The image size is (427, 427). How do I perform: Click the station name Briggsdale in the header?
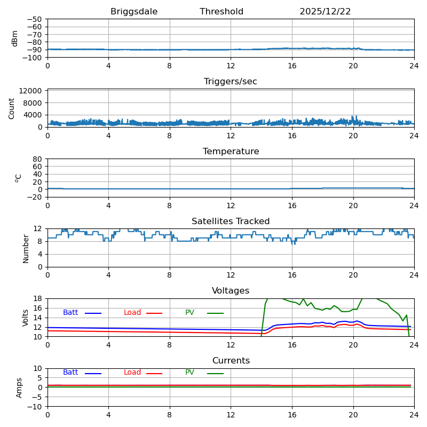(134, 12)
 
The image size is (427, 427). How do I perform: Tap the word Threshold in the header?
(222, 12)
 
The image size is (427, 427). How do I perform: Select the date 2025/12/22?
(325, 12)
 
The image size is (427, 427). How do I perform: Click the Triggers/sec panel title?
(231, 82)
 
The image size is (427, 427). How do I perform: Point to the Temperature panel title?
(231, 152)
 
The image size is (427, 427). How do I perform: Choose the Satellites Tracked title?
(231, 222)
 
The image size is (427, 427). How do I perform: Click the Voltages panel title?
(231, 291)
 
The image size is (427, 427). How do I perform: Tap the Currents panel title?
(231, 361)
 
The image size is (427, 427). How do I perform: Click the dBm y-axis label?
(15, 38)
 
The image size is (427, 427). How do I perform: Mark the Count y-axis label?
(12, 108)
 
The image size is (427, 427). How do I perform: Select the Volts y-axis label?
(26, 318)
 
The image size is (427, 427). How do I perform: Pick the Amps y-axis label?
(20, 388)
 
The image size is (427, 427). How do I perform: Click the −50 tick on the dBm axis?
(35, 19)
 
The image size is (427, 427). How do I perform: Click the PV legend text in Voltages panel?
(189, 313)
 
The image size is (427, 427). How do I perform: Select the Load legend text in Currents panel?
(132, 373)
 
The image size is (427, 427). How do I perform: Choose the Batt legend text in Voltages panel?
(70, 313)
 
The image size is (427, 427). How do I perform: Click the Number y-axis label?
(26, 248)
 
